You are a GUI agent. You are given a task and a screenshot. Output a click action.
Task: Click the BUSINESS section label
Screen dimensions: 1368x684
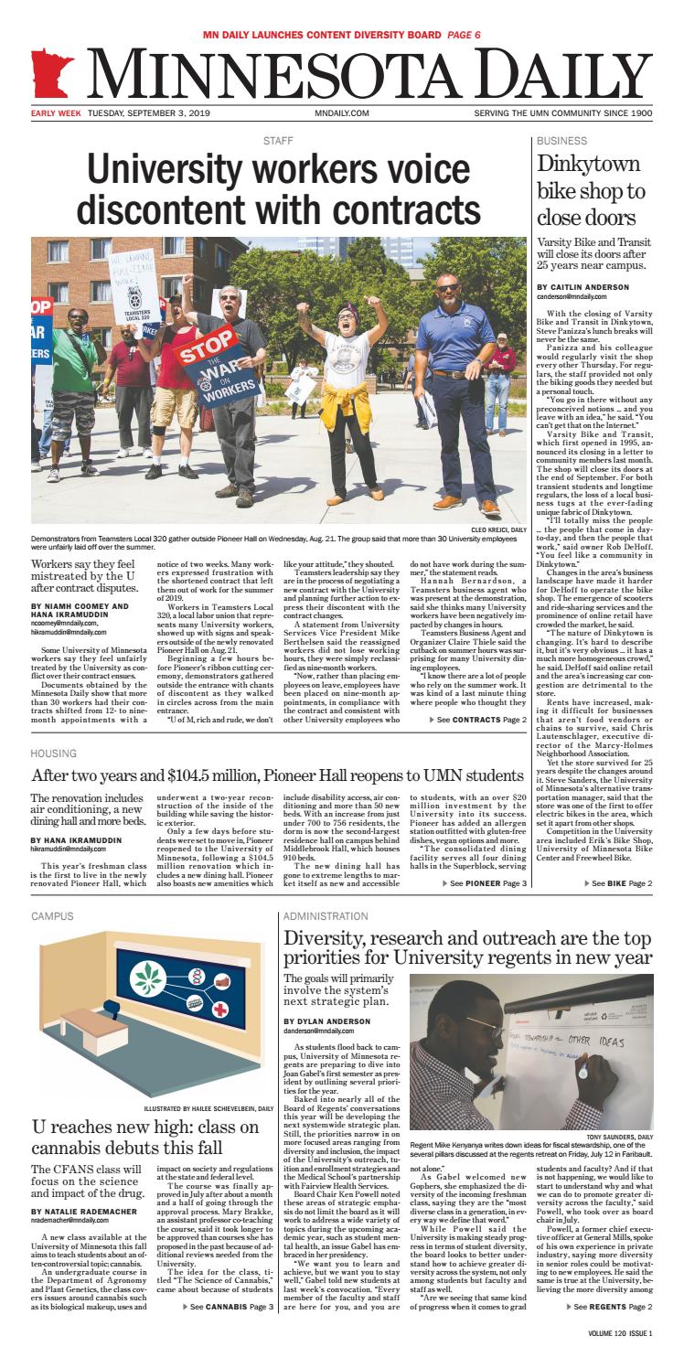(562, 141)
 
